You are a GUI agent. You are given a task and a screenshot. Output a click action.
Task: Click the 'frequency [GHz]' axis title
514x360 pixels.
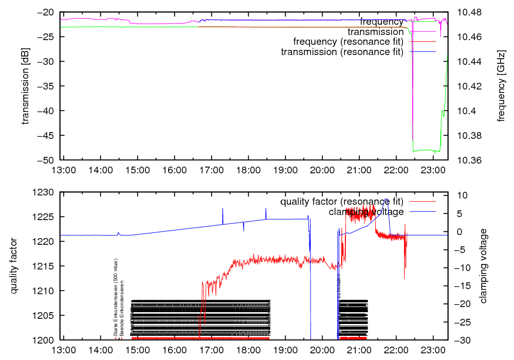pos(501,86)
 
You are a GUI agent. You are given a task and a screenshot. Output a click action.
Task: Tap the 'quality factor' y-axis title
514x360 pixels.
pos(14,266)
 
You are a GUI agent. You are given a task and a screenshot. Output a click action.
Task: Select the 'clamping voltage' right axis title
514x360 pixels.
pos(484,266)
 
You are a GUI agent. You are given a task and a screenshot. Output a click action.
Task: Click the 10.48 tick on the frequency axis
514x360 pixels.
pos(467,12)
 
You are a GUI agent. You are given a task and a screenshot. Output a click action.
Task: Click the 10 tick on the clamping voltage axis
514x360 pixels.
pos(461,195)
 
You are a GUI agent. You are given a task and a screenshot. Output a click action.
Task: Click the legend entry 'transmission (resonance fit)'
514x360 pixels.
pos(342,51)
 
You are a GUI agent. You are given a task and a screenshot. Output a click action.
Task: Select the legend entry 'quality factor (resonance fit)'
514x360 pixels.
pos(342,201)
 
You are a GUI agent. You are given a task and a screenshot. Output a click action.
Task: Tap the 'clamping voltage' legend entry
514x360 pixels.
pos(366,211)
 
